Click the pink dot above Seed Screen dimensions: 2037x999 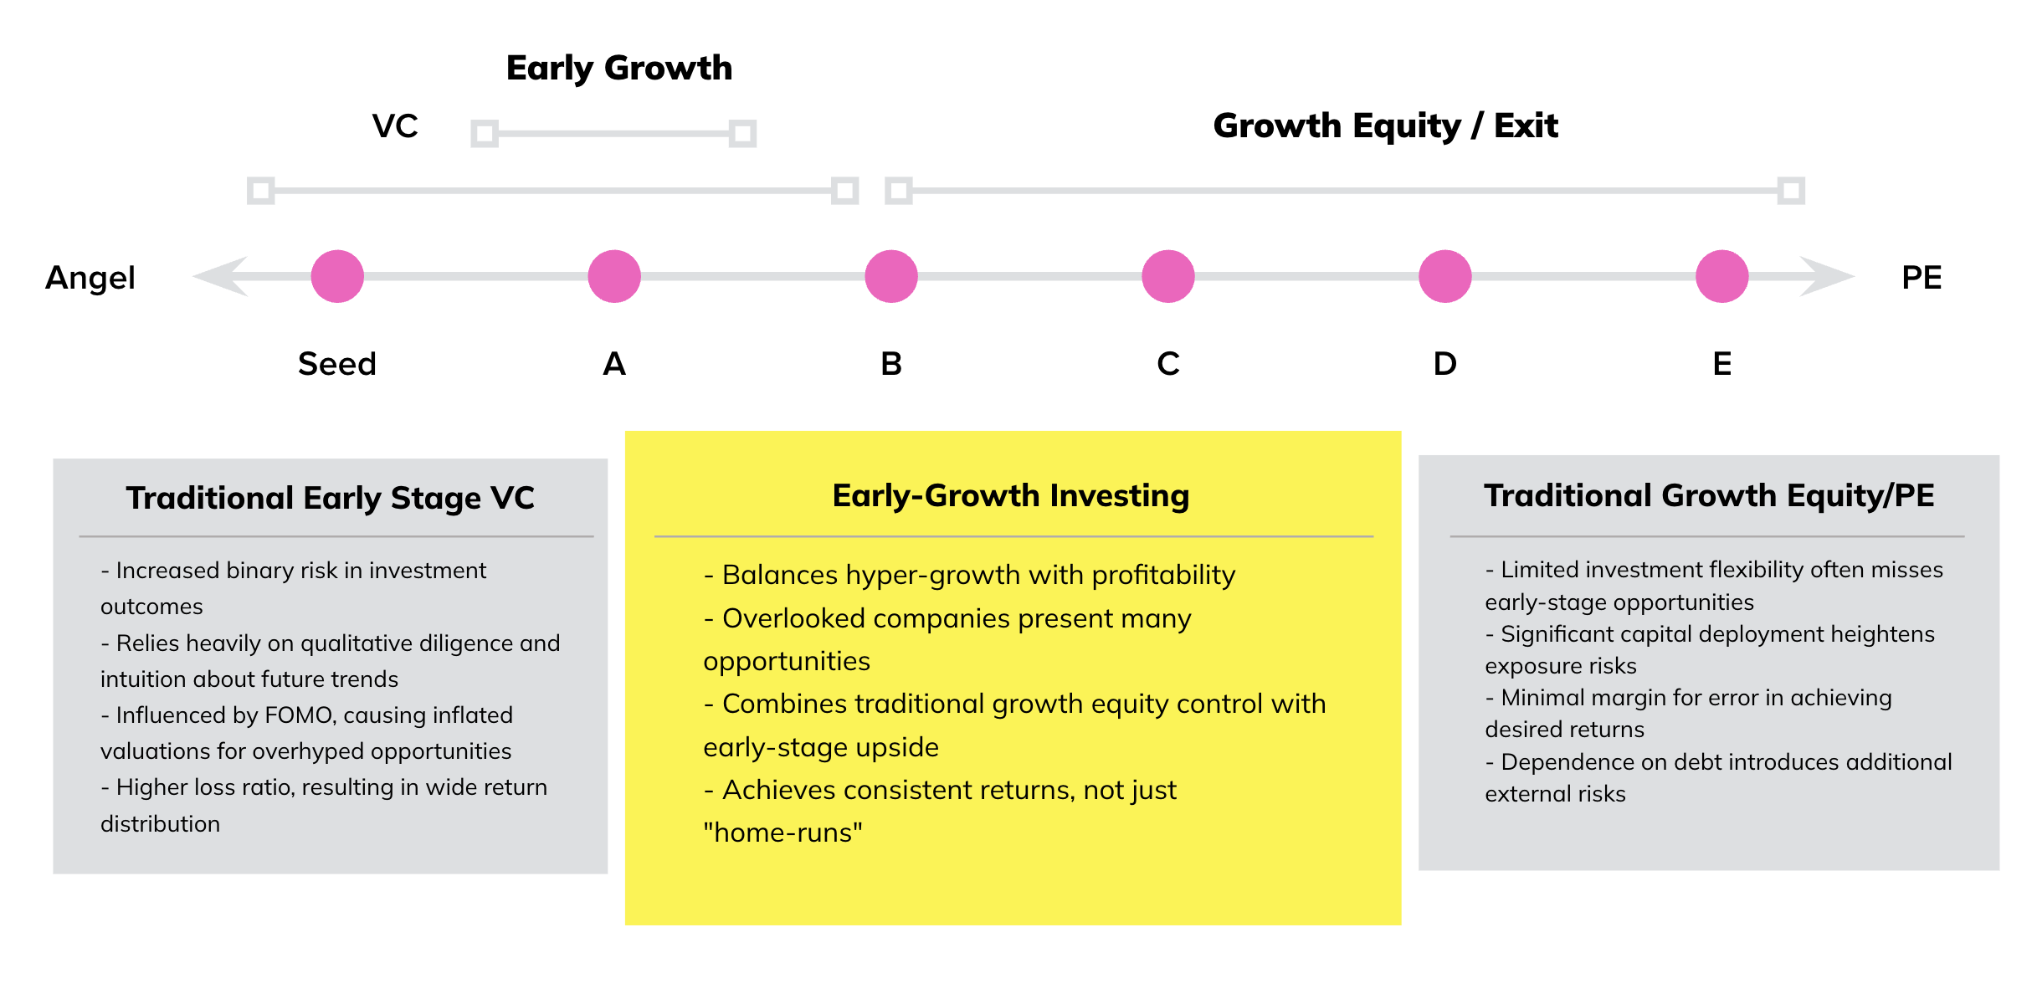337,276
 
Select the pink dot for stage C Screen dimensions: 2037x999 1168,276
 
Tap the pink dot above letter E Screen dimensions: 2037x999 1722,276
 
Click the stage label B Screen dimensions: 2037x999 891,364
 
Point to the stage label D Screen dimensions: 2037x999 1445,364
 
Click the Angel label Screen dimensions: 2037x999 90,279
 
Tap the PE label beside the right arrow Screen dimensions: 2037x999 1922,278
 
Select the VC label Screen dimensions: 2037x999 395,126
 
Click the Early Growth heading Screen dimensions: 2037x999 619,69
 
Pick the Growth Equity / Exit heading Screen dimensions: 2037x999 1386,126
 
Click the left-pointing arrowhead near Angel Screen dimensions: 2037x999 221,276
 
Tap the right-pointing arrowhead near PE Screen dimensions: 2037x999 1828,276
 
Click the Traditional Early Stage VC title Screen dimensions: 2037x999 331,499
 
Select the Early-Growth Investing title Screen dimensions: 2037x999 1011,496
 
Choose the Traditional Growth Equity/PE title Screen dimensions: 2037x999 1709,496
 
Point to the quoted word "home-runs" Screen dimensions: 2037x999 783,832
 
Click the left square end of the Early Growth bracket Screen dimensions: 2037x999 485,133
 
